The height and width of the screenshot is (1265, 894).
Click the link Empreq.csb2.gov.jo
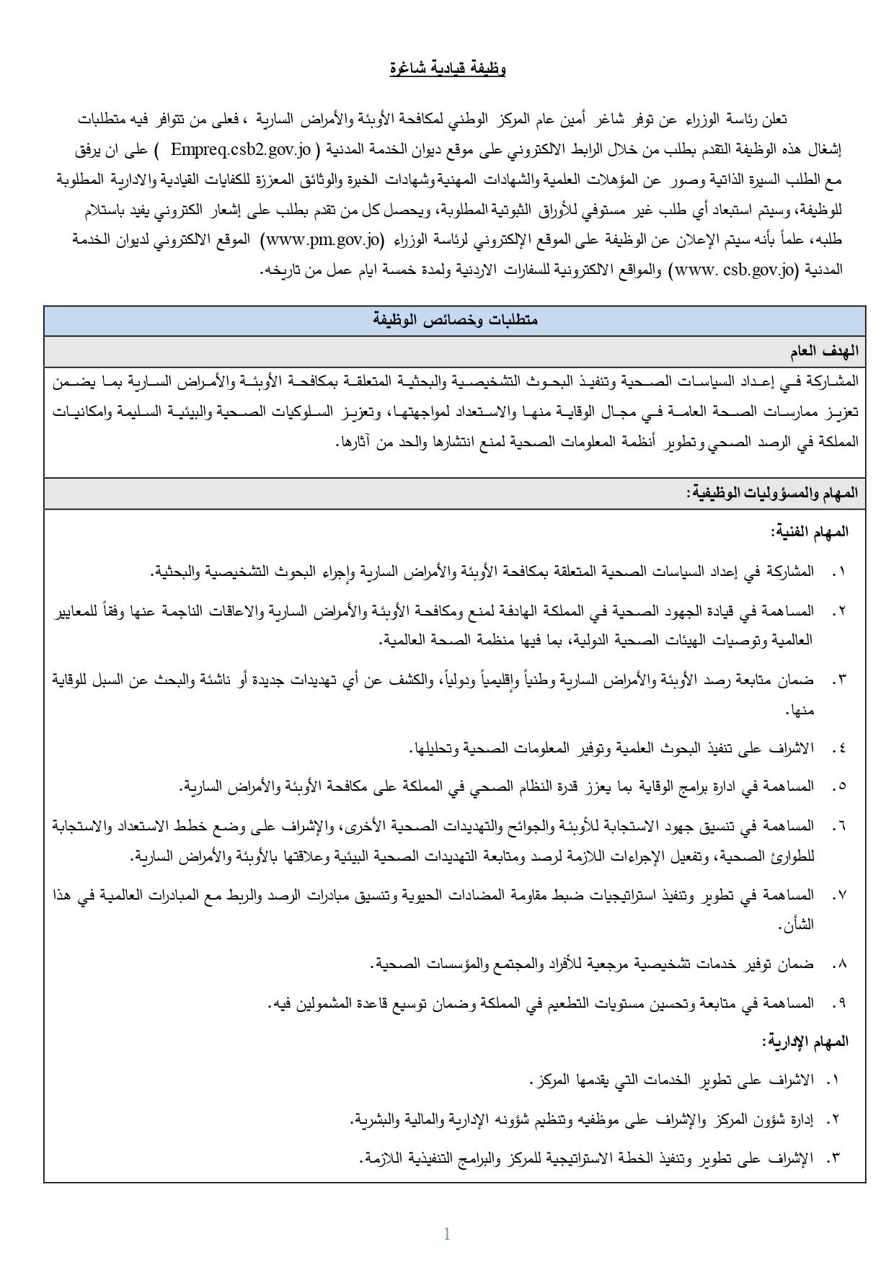click(x=240, y=151)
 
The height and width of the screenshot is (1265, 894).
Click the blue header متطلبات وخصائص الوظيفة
click(x=454, y=320)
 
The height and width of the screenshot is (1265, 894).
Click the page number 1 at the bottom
click(x=447, y=1234)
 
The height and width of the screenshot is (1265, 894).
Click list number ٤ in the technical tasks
click(x=837, y=748)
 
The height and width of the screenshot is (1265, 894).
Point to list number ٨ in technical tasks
click(x=837, y=964)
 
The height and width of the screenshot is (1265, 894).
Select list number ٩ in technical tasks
click(x=837, y=1002)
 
